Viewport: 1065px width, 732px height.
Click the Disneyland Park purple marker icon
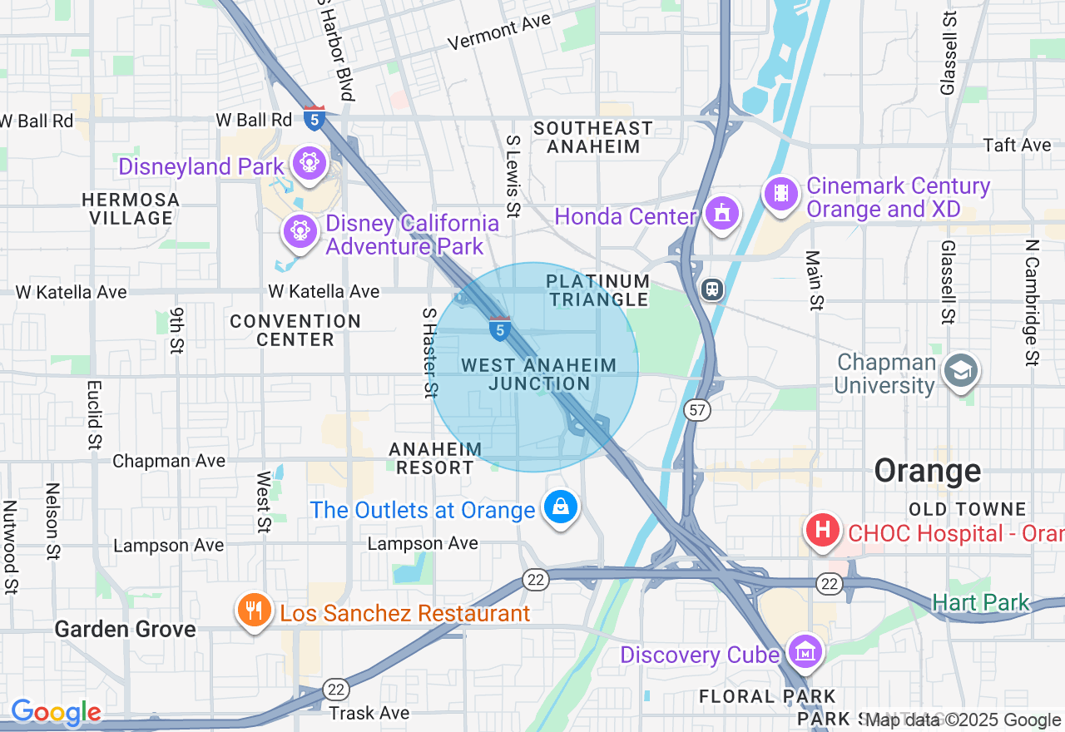309,161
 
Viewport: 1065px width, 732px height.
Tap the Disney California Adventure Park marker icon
300,230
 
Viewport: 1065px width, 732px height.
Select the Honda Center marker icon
721,214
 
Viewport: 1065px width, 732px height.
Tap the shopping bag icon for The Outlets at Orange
560,507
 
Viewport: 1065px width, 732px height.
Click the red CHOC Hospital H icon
822,530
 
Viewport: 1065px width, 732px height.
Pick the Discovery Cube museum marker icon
805,653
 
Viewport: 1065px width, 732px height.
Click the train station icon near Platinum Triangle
712,289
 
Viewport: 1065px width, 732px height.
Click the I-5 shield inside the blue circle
499,329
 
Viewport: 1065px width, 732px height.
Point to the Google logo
56,712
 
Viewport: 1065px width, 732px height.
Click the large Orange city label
927,471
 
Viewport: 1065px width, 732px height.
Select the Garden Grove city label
125,629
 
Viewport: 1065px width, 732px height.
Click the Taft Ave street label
1017,145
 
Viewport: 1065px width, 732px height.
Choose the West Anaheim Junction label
539,374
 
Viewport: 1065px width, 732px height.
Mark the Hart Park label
981,602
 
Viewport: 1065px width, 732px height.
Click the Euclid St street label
94,413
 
